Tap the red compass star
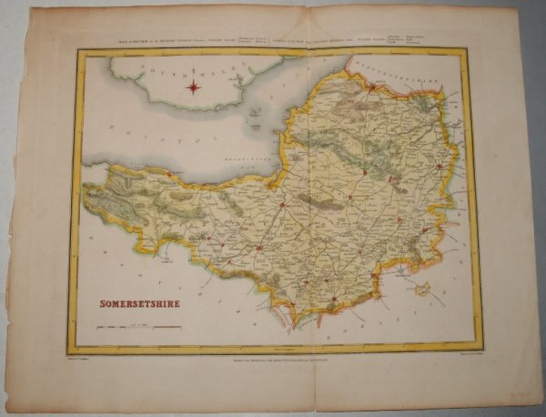(193, 87)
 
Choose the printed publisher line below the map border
(273, 361)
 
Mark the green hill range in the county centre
(318, 197)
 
